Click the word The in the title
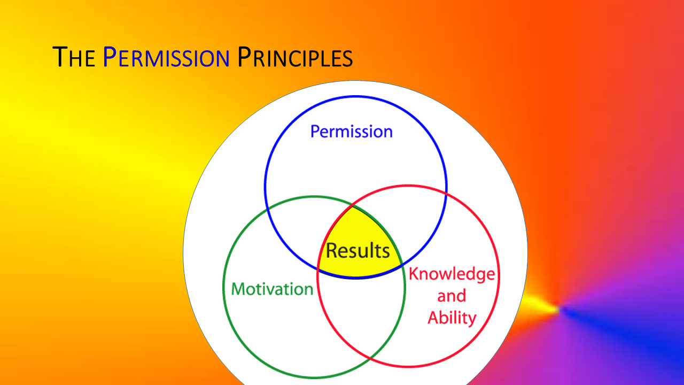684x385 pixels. coord(74,57)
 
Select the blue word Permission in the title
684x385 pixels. coord(166,57)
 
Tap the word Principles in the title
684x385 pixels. coord(295,57)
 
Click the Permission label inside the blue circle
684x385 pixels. coord(352,132)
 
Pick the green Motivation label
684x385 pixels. coord(273,289)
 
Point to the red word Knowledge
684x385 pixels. coord(452,274)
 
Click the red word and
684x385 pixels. coord(452,296)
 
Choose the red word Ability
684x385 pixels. coord(452,318)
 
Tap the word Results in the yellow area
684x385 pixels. coord(358,251)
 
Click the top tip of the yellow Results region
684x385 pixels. coord(353,207)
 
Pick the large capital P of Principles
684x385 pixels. coord(244,57)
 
